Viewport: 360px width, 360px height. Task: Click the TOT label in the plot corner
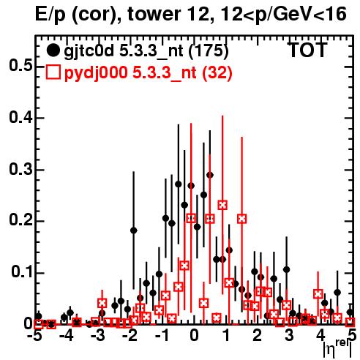308,50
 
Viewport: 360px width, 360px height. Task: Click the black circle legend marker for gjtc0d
53,50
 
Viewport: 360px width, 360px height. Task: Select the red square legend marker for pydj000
53,72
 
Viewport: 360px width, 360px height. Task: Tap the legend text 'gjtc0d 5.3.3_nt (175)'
146,51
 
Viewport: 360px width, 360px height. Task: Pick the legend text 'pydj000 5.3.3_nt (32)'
148,73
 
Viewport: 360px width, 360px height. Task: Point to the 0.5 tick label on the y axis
21,66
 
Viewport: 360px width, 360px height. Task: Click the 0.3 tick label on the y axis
21,169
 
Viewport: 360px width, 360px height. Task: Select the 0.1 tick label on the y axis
22,272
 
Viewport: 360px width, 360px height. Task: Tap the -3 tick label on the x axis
98,335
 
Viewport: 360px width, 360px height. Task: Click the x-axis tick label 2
258,335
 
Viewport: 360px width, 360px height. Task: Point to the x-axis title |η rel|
338,348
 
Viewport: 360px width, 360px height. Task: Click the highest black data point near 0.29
210,175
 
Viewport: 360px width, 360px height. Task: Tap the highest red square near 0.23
222,205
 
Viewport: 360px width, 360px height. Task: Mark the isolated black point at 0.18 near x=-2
134,230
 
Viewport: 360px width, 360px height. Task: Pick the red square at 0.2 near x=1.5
241,219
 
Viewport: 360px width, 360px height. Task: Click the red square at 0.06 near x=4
318,294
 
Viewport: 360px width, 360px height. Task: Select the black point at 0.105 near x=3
287,269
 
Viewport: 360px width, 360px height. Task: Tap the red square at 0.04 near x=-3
102,303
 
